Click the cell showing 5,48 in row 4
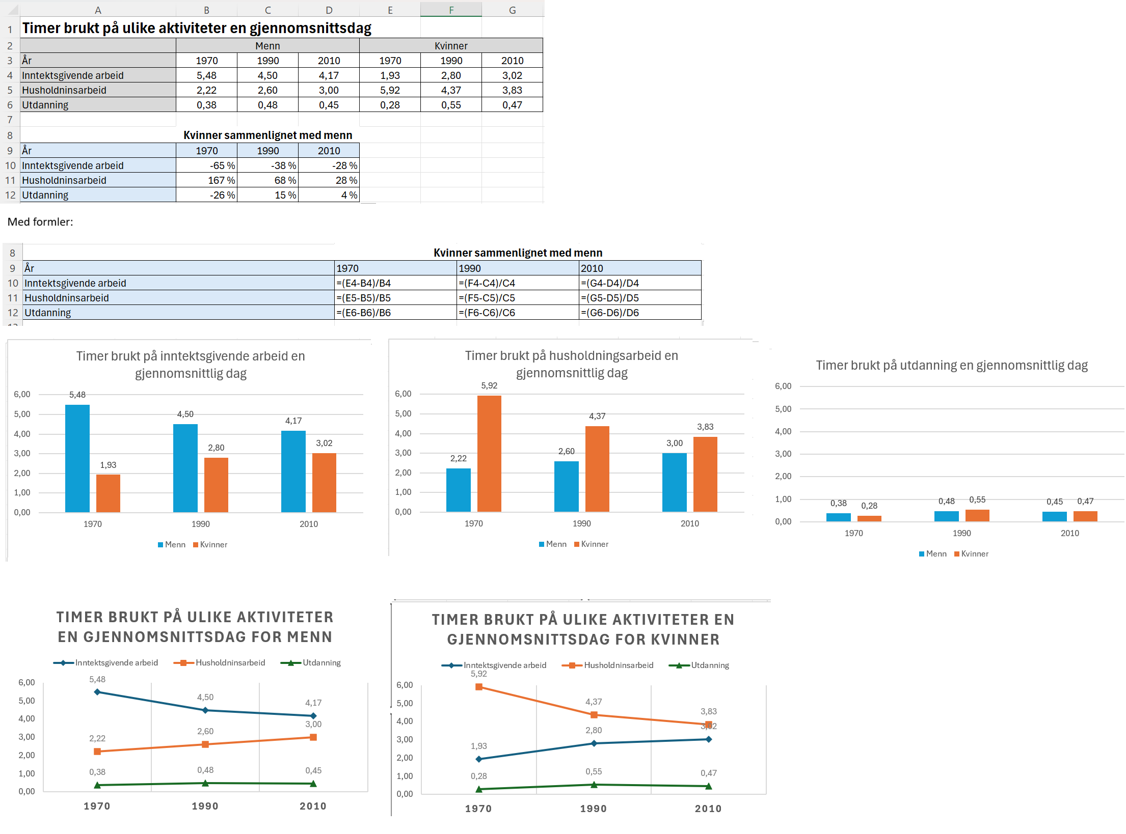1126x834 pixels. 206,75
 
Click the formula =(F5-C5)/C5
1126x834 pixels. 487,298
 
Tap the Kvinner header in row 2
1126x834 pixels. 451,46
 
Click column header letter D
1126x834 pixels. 329,10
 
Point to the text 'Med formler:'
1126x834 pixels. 40,222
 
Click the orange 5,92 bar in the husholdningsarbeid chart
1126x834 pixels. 489,453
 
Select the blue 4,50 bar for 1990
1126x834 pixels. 185,467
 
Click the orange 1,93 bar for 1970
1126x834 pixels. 108,493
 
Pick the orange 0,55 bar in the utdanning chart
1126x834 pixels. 977,515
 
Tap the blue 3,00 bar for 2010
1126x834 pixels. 674,482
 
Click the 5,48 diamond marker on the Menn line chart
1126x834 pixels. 97,692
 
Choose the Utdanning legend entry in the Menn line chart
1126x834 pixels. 321,663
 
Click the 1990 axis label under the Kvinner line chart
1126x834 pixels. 593,809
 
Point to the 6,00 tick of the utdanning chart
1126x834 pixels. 783,386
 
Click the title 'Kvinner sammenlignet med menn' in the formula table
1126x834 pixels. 518,253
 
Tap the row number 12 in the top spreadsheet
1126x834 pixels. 10,195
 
